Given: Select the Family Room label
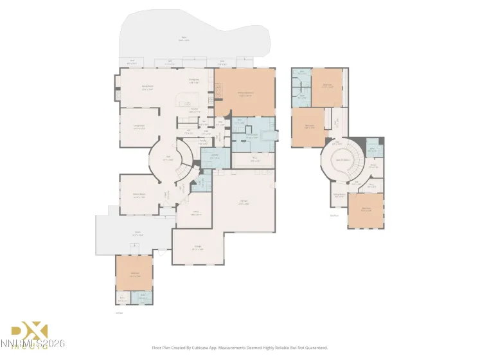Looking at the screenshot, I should coord(147,89).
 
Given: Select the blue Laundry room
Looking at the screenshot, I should coord(212,157).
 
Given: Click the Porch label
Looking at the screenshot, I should coord(137,235).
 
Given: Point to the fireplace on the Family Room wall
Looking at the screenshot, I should coord(118,95).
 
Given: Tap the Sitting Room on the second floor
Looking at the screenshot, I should coord(339,195).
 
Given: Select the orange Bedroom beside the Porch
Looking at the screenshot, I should coord(135,274).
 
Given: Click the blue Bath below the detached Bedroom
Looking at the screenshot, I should coord(143,298).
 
